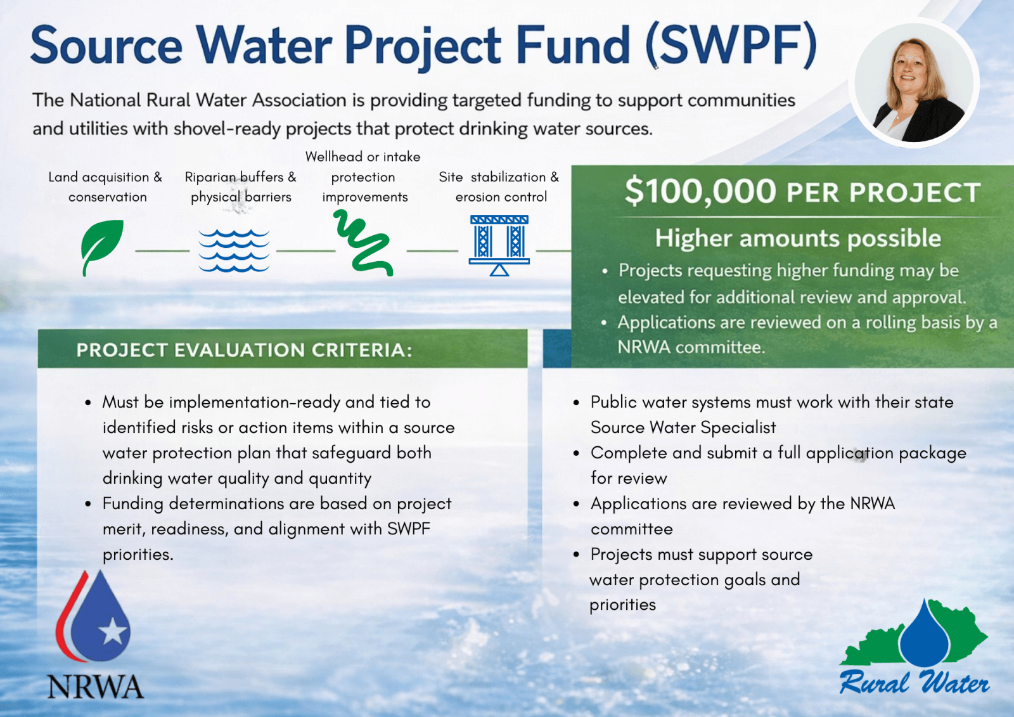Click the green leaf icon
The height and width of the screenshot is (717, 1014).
click(x=101, y=247)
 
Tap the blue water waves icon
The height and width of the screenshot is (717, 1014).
click(x=234, y=250)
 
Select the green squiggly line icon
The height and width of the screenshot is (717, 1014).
click(x=363, y=243)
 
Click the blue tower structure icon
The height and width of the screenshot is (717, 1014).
click(x=499, y=245)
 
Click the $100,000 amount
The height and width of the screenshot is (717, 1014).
click(x=700, y=191)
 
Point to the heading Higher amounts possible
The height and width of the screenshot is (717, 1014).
click(x=798, y=238)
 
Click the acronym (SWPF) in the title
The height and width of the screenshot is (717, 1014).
click(x=732, y=46)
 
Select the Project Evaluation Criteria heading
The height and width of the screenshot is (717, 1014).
click(x=245, y=350)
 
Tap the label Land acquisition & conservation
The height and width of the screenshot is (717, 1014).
click(x=105, y=186)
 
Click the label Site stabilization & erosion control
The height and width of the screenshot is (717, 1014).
click(x=499, y=186)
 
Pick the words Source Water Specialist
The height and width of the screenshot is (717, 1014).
click(x=683, y=427)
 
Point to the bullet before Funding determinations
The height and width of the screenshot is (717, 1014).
click(x=88, y=504)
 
